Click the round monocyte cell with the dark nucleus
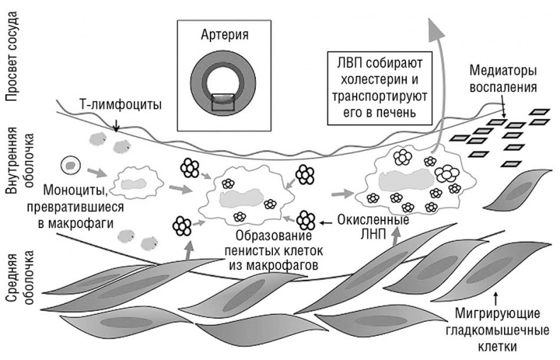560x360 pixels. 70,165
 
